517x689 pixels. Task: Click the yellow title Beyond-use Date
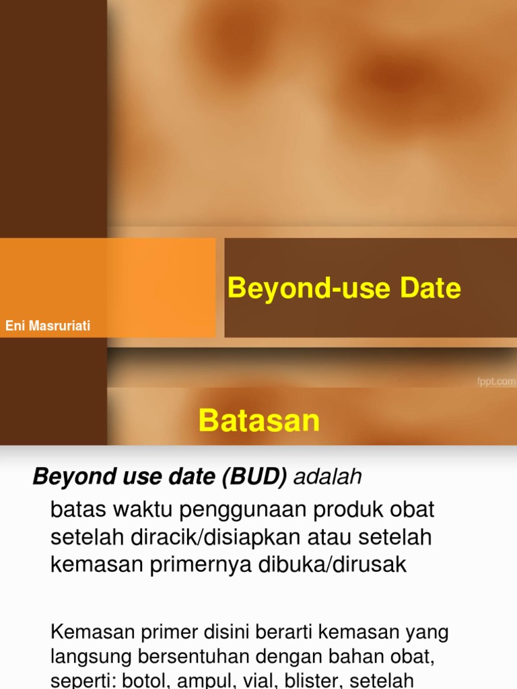(x=344, y=288)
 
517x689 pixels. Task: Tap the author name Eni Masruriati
(x=48, y=326)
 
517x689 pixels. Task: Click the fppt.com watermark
(x=496, y=382)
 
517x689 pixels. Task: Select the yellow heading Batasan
(x=259, y=421)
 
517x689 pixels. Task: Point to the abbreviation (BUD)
(x=251, y=477)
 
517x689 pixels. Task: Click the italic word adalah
(x=328, y=477)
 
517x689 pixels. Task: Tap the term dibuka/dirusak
(x=333, y=565)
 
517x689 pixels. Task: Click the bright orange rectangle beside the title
(x=108, y=287)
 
